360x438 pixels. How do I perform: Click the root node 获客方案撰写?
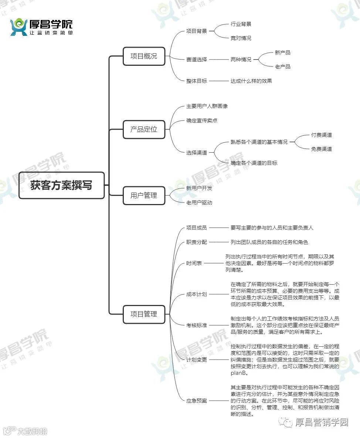coord(61,185)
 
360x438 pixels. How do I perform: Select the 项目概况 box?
coord(144,56)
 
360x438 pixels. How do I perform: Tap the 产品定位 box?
coord(144,129)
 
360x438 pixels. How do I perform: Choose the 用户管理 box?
coord(144,196)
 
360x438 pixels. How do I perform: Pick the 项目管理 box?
coord(144,314)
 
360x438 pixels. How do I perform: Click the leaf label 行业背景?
coord(241,24)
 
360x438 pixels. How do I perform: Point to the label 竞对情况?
coord(241,38)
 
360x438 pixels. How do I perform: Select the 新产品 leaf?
coord(283,52)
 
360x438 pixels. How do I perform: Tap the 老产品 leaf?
coord(283,67)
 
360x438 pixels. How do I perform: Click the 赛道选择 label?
coord(197,60)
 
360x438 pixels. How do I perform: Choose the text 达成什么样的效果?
coord(251,81)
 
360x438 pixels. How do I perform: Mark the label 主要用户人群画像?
coord(207,106)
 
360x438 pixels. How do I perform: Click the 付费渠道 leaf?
coord(322,135)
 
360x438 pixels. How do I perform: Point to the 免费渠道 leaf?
coord(322,149)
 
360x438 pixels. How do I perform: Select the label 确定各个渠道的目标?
coord(254,163)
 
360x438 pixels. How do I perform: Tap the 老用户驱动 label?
coord(199,203)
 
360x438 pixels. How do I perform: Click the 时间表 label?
coord(194,264)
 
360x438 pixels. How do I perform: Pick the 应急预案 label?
coord(197,401)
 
